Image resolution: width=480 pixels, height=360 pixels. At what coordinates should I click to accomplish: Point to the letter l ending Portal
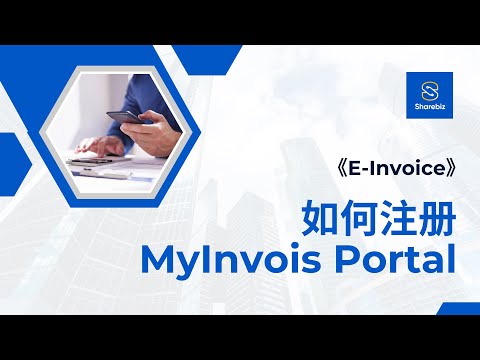450,258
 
